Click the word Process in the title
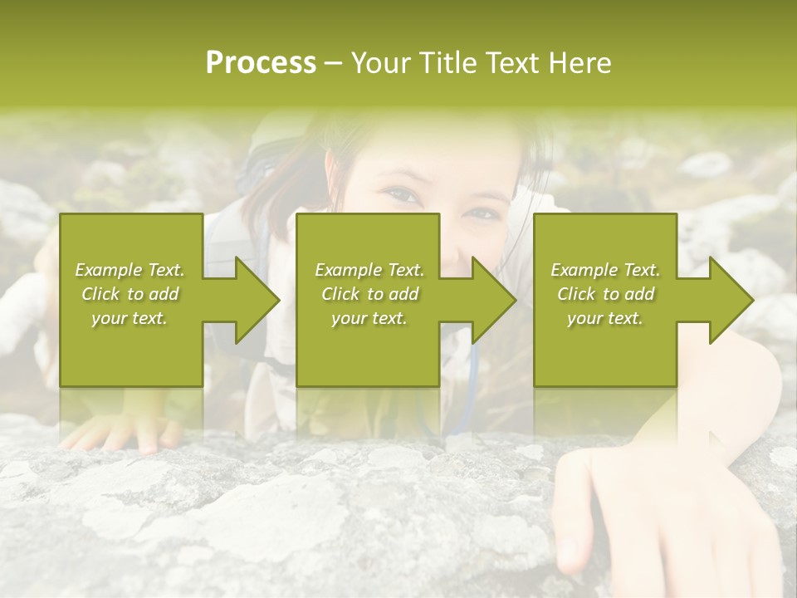pyautogui.click(x=261, y=63)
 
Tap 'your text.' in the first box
pyautogui.click(x=130, y=318)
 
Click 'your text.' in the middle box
pyautogui.click(x=369, y=318)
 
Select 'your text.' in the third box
pyautogui.click(x=605, y=318)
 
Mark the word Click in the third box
pyautogui.click(x=577, y=294)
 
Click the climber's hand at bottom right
pyautogui.click(x=614, y=515)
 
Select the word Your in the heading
pyautogui.click(x=380, y=63)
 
